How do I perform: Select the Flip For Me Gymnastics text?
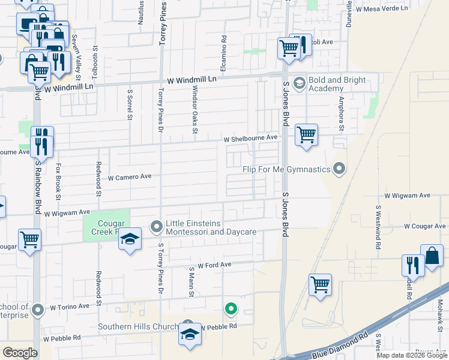tap(288, 169)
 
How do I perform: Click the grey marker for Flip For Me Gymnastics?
tap(340, 169)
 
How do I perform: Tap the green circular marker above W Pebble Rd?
tap(231, 310)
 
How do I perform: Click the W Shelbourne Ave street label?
tap(250, 138)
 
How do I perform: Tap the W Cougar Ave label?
tap(425, 226)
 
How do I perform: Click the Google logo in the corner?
tap(20, 353)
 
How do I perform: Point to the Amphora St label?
tap(341, 113)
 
